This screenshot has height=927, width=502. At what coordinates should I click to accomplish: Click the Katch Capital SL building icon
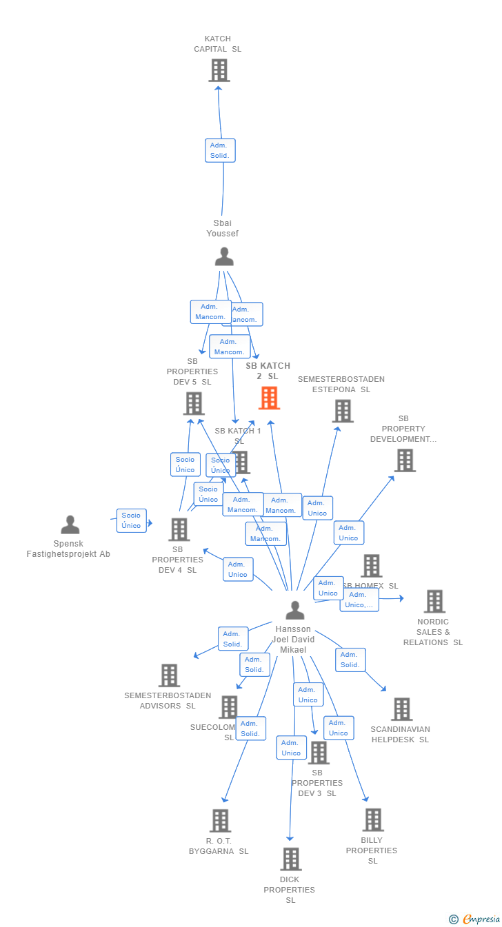[x=219, y=70]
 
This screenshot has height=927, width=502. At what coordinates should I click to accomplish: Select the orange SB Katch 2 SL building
[x=269, y=398]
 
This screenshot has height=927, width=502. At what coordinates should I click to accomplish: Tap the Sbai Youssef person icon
[x=224, y=257]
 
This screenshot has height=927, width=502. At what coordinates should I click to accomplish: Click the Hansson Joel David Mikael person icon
[x=294, y=611]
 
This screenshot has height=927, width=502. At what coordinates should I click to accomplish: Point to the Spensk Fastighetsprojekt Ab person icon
[x=70, y=525]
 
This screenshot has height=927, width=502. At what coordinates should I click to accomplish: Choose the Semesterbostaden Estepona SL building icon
[x=342, y=411]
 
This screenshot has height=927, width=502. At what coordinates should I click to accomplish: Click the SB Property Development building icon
[x=405, y=460]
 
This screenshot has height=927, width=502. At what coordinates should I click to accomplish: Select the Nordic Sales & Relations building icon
[x=434, y=602]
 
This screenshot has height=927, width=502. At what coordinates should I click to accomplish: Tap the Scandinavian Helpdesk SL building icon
[x=401, y=709]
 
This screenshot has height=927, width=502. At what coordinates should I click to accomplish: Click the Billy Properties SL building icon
[x=372, y=820]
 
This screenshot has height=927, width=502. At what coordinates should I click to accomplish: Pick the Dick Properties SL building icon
[x=290, y=859]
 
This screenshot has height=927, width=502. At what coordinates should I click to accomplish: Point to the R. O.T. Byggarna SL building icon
[x=220, y=821]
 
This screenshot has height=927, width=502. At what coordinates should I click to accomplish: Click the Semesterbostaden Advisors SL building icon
[x=169, y=676]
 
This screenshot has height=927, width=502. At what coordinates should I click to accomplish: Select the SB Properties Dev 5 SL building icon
[x=194, y=404]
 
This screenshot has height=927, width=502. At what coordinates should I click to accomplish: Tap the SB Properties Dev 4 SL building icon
[x=179, y=530]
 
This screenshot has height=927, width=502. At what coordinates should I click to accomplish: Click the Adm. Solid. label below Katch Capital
[x=220, y=150]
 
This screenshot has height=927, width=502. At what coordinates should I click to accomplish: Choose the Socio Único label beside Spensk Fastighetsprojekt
[x=131, y=520]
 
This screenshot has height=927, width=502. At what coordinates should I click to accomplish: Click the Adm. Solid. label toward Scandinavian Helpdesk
[x=350, y=660]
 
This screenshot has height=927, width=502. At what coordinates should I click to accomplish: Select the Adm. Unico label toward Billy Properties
[x=338, y=728]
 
